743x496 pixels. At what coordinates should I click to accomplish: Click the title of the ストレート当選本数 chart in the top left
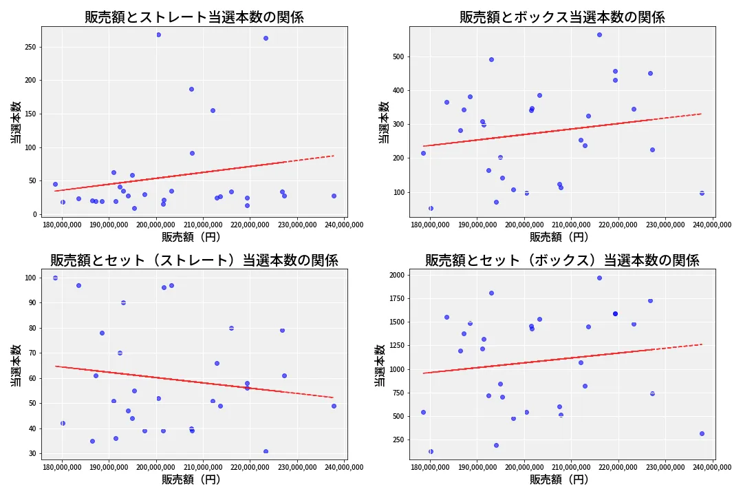click(194, 17)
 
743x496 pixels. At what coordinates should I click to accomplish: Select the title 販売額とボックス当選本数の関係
click(562, 17)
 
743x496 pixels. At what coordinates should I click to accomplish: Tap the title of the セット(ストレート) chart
click(194, 260)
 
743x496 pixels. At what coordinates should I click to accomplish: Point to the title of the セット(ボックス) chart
click(562, 260)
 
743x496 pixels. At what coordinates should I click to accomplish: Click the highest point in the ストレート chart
click(158, 34)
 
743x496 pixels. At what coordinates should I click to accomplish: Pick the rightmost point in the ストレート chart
click(334, 196)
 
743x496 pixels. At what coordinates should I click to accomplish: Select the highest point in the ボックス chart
click(599, 34)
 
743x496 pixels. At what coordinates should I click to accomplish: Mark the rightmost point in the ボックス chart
click(702, 193)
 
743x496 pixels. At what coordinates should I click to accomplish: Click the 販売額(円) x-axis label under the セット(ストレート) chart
click(194, 479)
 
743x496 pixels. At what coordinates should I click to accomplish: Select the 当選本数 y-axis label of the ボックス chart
click(383, 122)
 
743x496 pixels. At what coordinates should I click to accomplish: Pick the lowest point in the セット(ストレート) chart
click(266, 451)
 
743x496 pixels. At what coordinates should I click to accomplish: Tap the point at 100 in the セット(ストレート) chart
click(55, 278)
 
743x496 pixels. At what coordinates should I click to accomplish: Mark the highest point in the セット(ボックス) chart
click(599, 278)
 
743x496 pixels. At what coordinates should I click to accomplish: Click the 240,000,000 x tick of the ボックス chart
click(712, 224)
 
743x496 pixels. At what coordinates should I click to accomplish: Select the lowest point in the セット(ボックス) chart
click(431, 451)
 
